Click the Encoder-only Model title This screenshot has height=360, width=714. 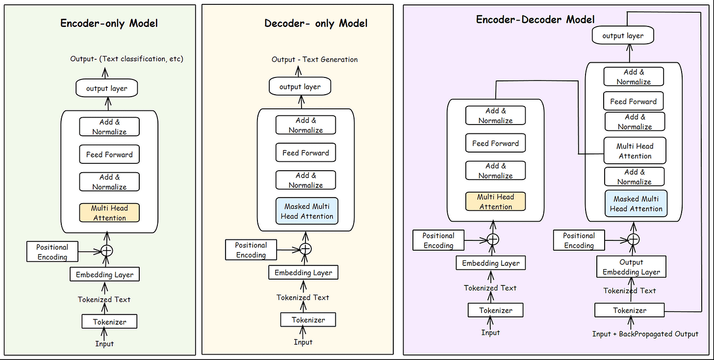[109, 23]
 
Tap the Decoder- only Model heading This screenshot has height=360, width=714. [316, 23]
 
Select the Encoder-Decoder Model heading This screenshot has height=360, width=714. [535, 20]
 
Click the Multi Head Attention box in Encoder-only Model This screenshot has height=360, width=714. [109, 213]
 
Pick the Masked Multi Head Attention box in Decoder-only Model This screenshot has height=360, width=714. [306, 211]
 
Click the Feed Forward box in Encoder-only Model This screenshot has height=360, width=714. [109, 154]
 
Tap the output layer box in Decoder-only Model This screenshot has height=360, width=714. [300, 86]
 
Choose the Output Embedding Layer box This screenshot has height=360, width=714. [631, 267]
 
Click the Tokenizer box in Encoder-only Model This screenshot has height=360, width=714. [109, 321]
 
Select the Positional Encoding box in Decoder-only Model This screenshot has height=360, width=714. [251, 250]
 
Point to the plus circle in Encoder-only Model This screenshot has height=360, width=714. [106, 251]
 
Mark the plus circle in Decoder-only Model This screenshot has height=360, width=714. [306, 249]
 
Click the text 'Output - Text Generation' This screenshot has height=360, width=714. [315, 59]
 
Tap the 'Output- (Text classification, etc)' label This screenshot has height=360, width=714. [127, 59]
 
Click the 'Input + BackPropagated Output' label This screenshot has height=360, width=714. [645, 334]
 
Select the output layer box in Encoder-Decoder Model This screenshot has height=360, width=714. [623, 35]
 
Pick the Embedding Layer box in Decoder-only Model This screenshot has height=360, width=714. [303, 272]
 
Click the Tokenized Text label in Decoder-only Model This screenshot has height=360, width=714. [303, 298]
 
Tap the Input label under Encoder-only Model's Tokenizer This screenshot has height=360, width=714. [104, 344]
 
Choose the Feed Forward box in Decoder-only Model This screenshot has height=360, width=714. [306, 153]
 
